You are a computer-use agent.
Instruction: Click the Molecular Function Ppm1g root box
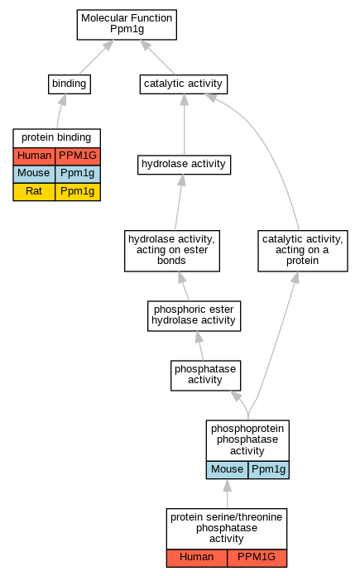pyautogui.click(x=127, y=25)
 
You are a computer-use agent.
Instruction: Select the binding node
pyautogui.click(x=70, y=84)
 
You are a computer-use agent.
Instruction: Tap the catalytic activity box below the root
pyautogui.click(x=184, y=84)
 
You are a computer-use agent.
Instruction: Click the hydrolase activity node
pyautogui.click(x=184, y=165)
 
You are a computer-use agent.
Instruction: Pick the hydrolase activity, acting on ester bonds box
pyautogui.click(x=172, y=251)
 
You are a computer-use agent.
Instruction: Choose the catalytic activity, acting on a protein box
pyautogui.click(x=303, y=251)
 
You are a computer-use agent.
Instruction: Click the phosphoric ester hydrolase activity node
pyautogui.click(x=194, y=316)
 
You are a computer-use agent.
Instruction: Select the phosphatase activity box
pyautogui.click(x=206, y=376)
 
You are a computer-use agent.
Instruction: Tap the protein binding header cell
pyautogui.click(x=56, y=138)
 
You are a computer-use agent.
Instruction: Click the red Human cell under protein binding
pyautogui.click(x=34, y=156)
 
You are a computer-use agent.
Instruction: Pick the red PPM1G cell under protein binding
pyautogui.click(x=78, y=156)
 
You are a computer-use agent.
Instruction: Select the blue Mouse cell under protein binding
pyautogui.click(x=34, y=174)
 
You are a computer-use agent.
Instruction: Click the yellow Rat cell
pyautogui.click(x=34, y=192)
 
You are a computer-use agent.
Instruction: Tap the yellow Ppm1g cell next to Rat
pyautogui.click(x=78, y=192)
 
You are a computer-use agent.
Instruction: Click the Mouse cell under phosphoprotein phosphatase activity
pyautogui.click(x=227, y=470)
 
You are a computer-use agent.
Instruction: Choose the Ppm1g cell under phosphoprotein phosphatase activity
pyautogui.click(x=269, y=470)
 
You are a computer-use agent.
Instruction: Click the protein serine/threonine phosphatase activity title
pyautogui.click(x=227, y=529)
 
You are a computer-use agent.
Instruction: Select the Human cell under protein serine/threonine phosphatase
pyautogui.click(x=197, y=559)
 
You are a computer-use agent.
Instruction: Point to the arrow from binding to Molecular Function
pyautogui.click(x=96, y=57)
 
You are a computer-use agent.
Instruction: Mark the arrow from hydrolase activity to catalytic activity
pyautogui.click(x=184, y=124)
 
